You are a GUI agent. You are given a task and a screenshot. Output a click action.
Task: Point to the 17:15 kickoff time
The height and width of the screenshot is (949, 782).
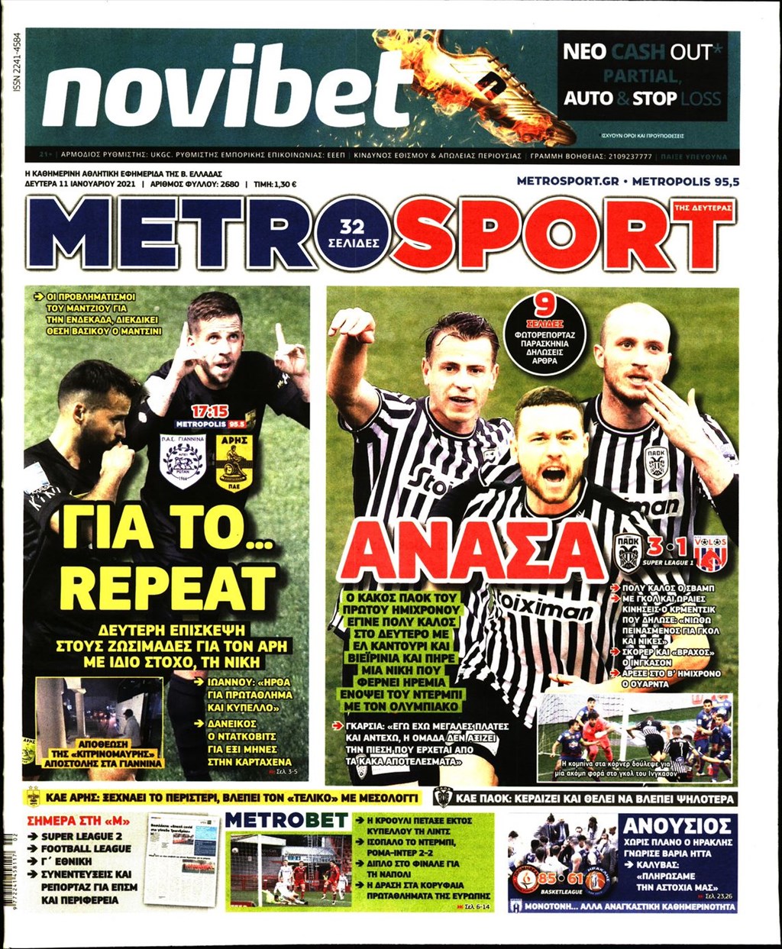pyautogui.click(x=210, y=412)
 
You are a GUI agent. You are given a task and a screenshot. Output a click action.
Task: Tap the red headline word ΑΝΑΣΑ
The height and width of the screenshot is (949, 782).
pyautogui.click(x=473, y=551)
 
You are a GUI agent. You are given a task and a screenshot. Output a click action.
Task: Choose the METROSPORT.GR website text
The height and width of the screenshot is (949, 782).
pyautogui.click(x=566, y=181)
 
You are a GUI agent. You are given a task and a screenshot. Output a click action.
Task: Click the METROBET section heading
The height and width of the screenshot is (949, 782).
pyautogui.click(x=288, y=821)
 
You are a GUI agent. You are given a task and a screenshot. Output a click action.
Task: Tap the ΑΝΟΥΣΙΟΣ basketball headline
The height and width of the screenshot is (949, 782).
pyautogui.click(x=677, y=825)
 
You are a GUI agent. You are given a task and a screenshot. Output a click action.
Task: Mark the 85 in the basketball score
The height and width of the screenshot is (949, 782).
pyautogui.click(x=547, y=878)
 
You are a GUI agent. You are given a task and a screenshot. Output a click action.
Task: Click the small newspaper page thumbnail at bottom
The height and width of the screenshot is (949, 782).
pyautogui.click(x=182, y=859)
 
